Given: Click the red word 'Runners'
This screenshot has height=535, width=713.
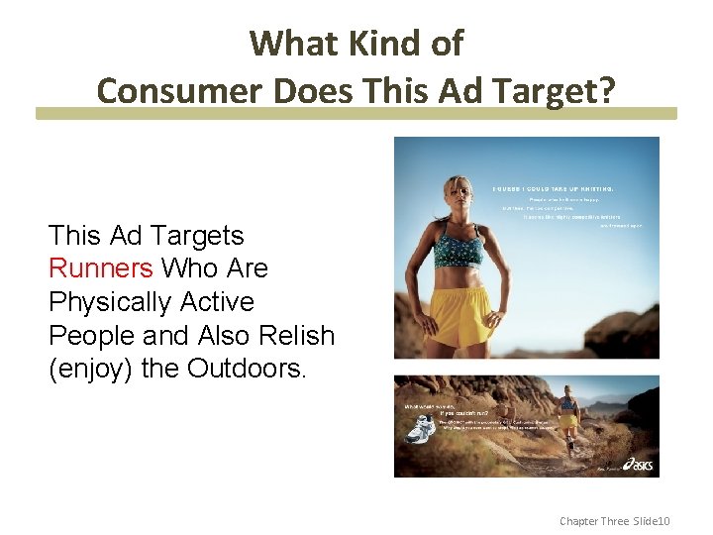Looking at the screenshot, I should tap(100, 268).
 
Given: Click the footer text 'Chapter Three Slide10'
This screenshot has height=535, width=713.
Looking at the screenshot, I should tap(615, 520).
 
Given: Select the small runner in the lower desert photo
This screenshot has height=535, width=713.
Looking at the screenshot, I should tap(568, 416).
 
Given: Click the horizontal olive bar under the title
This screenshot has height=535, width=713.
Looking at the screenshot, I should tap(356, 114).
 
